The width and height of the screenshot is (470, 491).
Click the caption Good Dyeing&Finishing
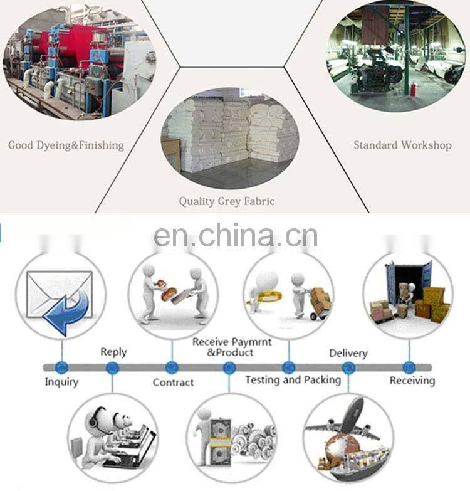[x=66, y=145]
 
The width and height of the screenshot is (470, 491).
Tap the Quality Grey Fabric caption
[x=227, y=201]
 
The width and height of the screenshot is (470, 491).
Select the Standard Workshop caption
[x=402, y=145]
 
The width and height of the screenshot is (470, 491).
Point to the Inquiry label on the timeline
[x=61, y=381]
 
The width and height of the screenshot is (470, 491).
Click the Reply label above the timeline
[x=113, y=352]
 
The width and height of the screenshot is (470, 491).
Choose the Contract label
[x=173, y=382]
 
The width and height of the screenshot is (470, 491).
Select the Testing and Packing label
[x=293, y=379]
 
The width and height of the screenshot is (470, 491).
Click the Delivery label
[x=348, y=354]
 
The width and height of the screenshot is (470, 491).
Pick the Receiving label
[x=412, y=381]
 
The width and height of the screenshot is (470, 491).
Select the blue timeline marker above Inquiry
[x=61, y=367]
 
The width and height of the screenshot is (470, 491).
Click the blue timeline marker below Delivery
[x=348, y=367]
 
